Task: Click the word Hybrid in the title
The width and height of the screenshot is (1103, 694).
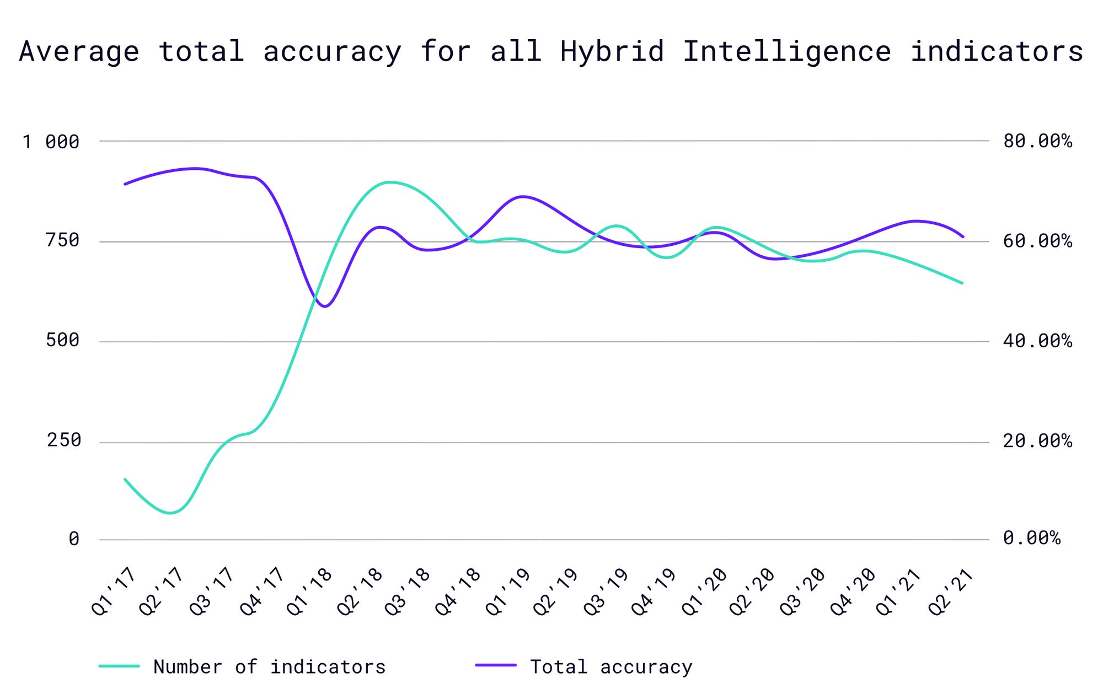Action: [x=612, y=51]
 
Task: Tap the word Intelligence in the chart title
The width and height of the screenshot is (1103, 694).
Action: [x=787, y=51]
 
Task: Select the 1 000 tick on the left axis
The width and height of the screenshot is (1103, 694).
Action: [x=51, y=142]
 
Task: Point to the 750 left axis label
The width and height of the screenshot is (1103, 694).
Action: [x=63, y=241]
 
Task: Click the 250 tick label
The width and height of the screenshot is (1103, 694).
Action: [x=64, y=440]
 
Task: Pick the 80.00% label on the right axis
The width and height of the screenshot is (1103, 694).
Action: [x=1037, y=141]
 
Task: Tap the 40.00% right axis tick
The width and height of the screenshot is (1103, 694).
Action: [x=1037, y=341]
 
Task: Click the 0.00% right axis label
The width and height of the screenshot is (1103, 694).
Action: [x=1031, y=538]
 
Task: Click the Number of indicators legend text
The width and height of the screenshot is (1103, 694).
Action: [x=269, y=667]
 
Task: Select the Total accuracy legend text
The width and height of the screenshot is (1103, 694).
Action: [x=611, y=667]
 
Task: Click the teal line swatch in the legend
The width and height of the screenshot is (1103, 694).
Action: [x=119, y=666]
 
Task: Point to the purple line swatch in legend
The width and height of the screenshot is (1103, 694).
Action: [x=496, y=666]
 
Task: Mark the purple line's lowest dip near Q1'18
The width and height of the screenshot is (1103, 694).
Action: [x=325, y=306]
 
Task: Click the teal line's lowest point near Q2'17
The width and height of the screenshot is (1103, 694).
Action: [x=170, y=513]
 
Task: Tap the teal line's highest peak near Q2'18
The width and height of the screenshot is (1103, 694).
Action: [x=389, y=182]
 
